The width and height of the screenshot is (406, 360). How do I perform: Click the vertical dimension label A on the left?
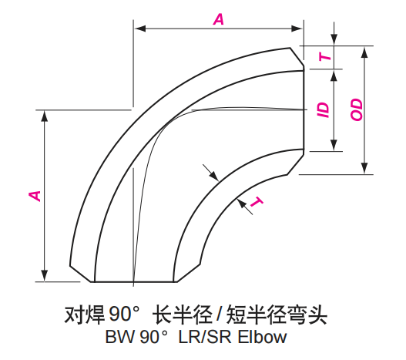(x=35, y=194)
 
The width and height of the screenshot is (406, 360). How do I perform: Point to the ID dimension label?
(x=324, y=109)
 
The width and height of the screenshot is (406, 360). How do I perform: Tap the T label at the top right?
(x=324, y=56)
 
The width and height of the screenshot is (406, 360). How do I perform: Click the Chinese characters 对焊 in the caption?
(x=83, y=315)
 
